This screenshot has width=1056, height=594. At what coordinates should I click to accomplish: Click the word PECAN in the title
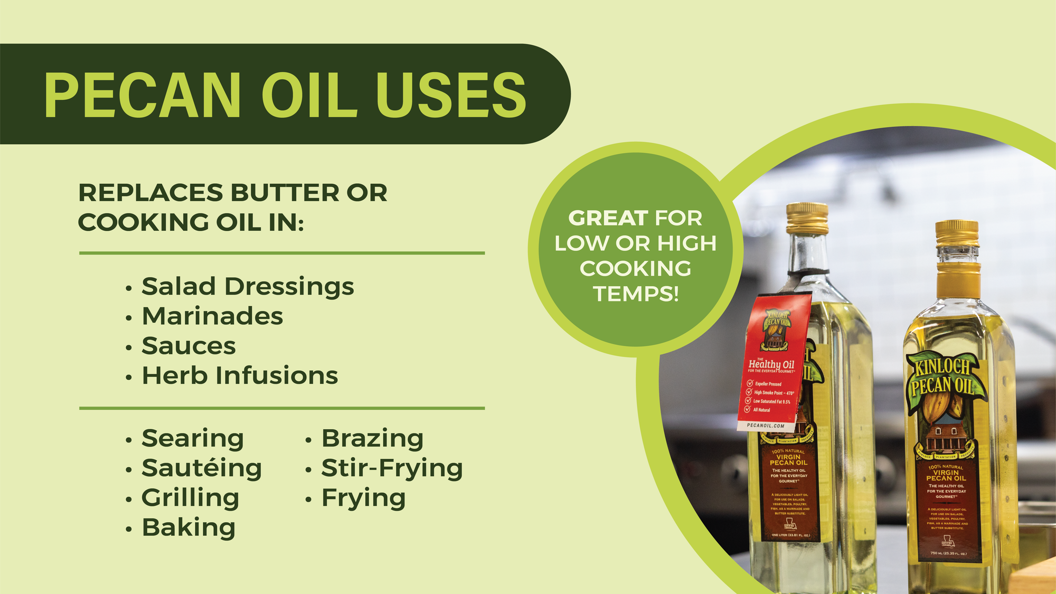143,95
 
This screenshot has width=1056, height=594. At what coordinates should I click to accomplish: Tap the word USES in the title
451,95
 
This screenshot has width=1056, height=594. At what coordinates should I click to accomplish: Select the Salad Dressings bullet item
247,287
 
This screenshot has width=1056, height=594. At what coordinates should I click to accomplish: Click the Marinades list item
212,316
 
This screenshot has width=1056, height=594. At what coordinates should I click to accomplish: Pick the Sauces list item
188,346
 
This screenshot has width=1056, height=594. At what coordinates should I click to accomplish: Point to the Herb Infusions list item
240,376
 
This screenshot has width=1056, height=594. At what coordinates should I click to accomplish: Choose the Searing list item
192,438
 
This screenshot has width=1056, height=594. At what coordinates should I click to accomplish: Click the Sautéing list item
201,468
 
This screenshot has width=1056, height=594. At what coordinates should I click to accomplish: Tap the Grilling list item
190,498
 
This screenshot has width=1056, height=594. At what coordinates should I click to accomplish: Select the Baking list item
188,527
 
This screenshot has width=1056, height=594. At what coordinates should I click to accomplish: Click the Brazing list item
372,438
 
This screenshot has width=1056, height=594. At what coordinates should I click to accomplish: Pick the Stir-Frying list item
392,468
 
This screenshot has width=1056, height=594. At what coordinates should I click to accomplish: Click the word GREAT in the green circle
608,218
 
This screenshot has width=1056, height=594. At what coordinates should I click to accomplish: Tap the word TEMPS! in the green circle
636,294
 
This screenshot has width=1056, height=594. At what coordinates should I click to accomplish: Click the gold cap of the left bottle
807,218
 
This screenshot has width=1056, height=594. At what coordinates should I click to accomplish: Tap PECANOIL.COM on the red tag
766,425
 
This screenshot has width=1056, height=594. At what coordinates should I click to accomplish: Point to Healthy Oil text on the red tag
771,364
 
